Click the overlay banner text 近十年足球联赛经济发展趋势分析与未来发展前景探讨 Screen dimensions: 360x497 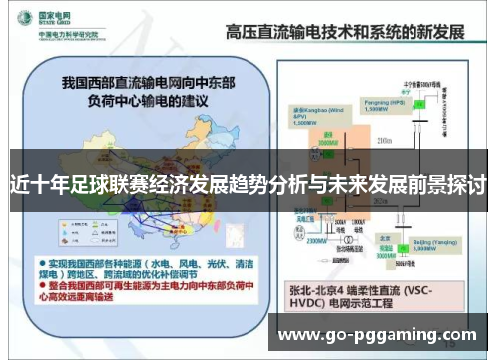coord(248,185)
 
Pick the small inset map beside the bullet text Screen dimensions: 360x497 coord(229,239)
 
